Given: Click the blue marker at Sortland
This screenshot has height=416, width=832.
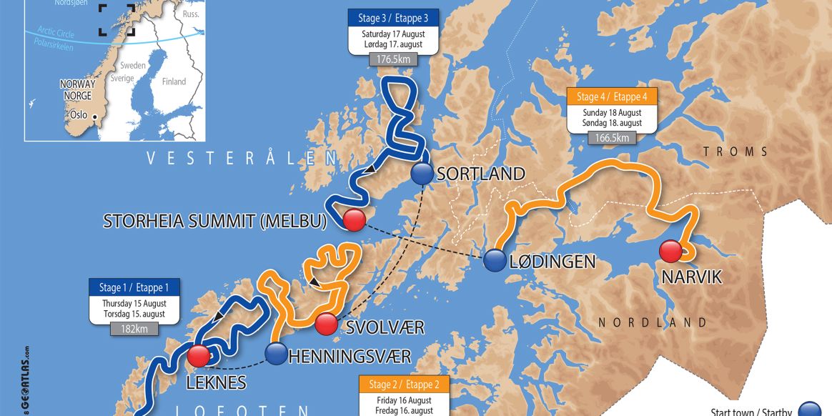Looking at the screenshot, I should point(422,174).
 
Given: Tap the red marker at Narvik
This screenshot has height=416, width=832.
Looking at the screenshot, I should point(670,251).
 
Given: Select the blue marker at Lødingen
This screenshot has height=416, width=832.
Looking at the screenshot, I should point(495,261).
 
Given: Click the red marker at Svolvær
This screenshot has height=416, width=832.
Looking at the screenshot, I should point(326,325).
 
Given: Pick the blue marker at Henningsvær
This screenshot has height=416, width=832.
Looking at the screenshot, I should point(275,353).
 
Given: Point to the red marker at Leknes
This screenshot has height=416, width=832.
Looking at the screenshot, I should point(199,355).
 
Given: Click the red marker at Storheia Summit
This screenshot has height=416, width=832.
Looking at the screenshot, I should point(353,221).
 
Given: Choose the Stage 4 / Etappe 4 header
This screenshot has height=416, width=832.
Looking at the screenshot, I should point(612,96).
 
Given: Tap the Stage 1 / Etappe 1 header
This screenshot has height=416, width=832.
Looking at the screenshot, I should point(134,287).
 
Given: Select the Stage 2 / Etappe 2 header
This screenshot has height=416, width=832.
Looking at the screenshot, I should point(404,385).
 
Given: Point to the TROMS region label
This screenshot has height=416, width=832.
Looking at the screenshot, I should point(736,152).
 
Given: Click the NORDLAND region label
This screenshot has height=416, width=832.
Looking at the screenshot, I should point(653,323).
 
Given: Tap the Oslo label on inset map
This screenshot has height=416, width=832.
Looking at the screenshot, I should point(78,114).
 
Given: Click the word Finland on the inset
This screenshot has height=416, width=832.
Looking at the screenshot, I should point(174,82).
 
